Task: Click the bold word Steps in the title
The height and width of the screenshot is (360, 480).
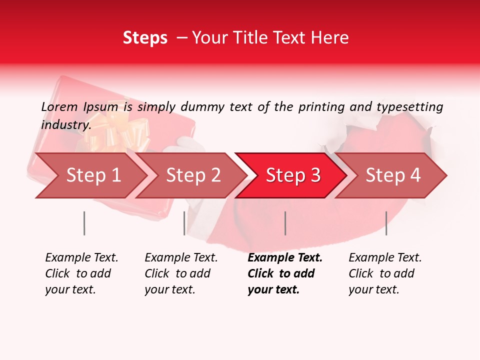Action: (x=145, y=38)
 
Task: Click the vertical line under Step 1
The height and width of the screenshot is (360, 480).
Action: (x=84, y=223)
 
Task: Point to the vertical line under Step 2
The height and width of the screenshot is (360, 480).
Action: (x=184, y=223)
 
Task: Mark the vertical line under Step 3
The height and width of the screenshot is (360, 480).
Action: (x=285, y=223)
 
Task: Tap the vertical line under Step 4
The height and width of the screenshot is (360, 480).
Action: (x=386, y=223)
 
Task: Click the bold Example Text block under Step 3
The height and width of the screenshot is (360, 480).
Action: (x=284, y=273)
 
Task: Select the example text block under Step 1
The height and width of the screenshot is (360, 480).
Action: (x=81, y=273)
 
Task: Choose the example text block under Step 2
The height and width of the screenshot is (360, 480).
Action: (x=181, y=273)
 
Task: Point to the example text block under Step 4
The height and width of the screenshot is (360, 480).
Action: (x=385, y=273)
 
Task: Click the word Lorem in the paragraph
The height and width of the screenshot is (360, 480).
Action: (x=59, y=107)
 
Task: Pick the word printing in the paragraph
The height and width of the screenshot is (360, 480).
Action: (x=321, y=107)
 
